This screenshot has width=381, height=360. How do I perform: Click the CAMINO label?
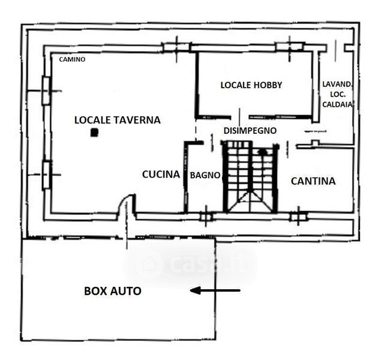point(72,59)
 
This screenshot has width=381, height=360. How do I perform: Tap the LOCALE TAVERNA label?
point(118,120)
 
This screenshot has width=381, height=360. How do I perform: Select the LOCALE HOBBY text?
point(251,85)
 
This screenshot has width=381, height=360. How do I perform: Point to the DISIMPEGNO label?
point(250,130)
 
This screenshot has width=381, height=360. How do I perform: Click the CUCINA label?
point(161,175)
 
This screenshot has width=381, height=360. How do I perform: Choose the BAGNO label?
point(205,175)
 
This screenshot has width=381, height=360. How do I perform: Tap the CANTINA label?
point(313,181)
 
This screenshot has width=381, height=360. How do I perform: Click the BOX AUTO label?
point(112,292)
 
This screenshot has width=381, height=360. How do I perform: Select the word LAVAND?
point(337,85)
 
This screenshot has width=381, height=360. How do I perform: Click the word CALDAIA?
point(337,104)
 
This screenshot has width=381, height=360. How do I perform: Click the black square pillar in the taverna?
point(94,133)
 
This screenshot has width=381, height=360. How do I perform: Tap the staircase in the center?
point(250,176)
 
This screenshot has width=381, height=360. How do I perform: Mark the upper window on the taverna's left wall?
point(46,91)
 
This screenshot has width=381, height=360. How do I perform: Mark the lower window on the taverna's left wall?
point(46,175)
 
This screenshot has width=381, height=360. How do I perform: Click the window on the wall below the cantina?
point(298,215)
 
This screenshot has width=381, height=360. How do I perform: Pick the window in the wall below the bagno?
point(206,215)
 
